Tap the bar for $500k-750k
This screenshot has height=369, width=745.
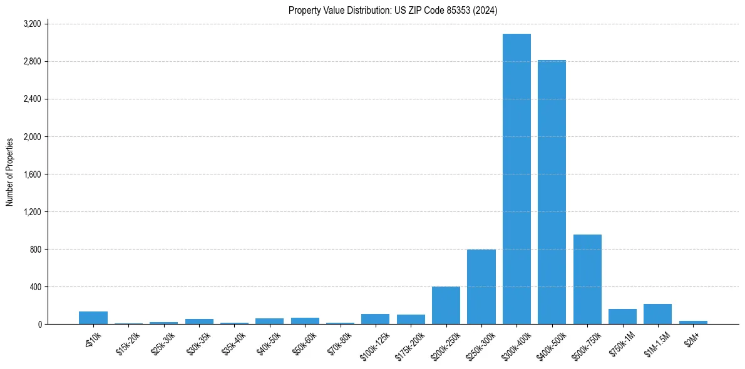coord(587,279)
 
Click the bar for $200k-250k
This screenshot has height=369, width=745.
coord(446,305)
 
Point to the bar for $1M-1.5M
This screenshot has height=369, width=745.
coord(657,314)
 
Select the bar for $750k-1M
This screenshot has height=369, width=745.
coord(622,316)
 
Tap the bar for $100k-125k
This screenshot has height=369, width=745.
coord(375,319)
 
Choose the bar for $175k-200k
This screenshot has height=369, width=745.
coord(411,319)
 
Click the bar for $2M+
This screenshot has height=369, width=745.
coord(693,322)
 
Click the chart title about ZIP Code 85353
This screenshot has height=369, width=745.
coord(393,10)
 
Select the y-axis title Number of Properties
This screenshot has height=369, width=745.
coord(10,172)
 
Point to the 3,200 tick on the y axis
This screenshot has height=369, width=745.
coord(32,24)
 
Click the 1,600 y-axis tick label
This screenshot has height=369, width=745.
coord(32,174)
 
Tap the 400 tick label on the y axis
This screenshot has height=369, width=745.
coord(35,286)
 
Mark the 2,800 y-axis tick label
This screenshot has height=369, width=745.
coord(32,61)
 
